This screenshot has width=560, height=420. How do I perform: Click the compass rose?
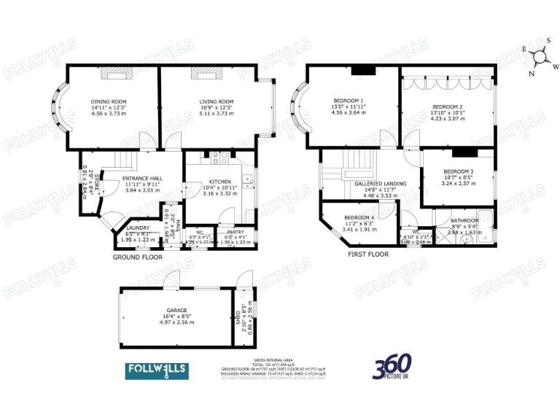540,56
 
